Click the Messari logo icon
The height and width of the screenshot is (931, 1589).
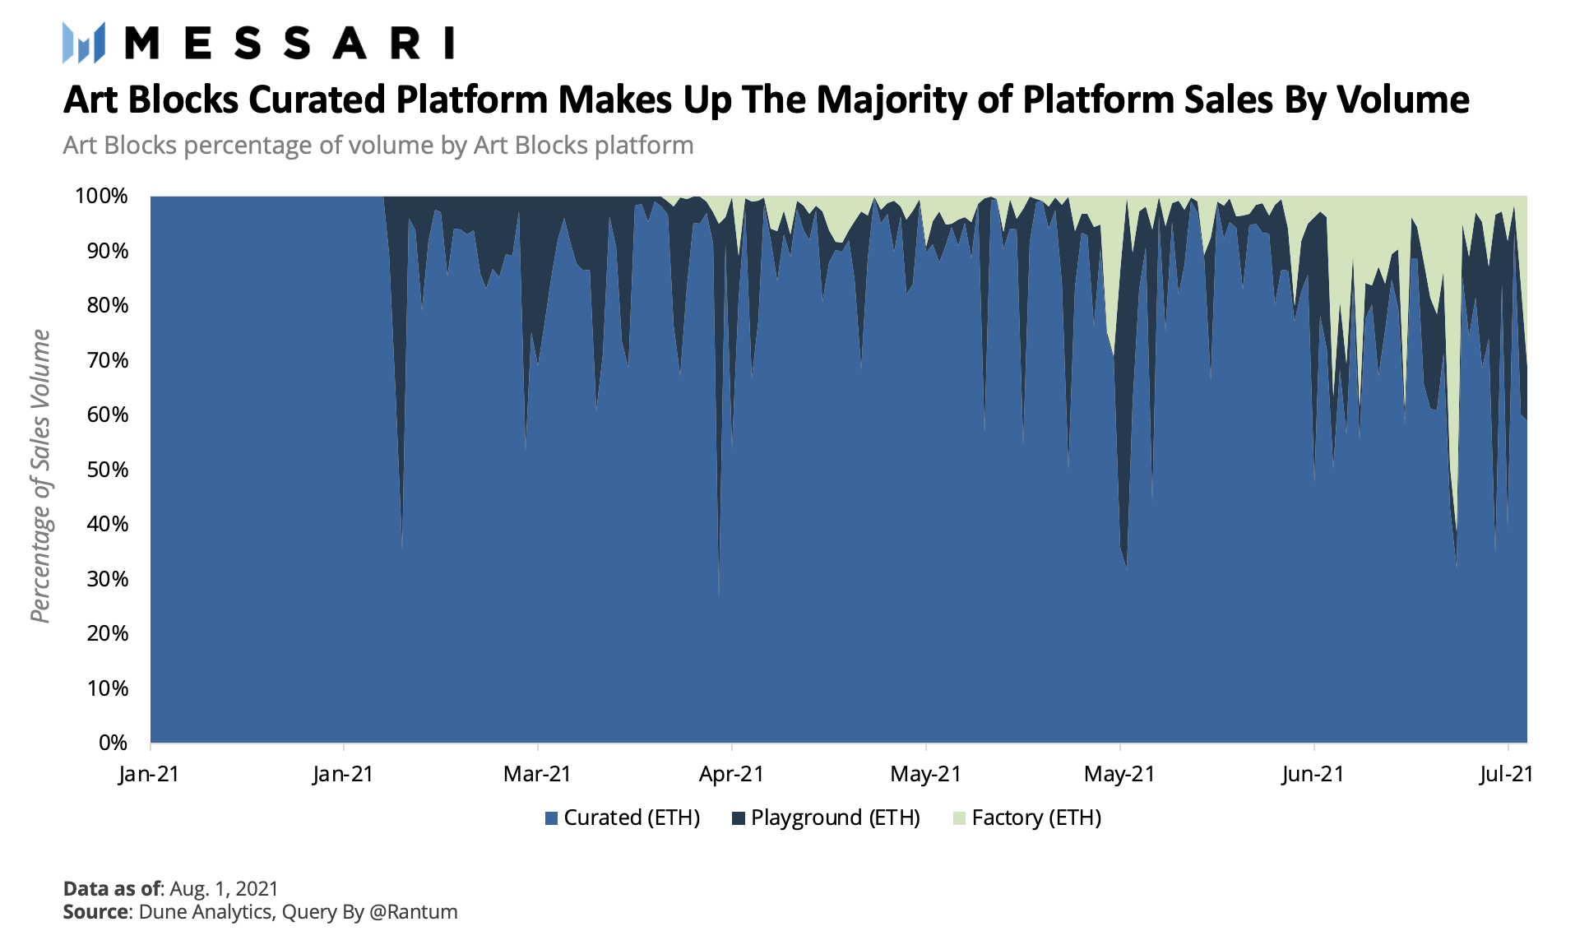(84, 43)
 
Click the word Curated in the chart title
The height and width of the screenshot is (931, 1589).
(317, 100)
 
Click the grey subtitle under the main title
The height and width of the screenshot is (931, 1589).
(378, 146)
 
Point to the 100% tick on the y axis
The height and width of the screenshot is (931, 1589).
(102, 196)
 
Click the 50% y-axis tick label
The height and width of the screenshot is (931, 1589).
(107, 470)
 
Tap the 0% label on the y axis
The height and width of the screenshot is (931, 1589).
(113, 743)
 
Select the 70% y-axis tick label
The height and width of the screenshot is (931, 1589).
(107, 360)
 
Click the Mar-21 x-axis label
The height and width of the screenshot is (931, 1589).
(537, 774)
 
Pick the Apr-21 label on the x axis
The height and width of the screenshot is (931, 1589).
(731, 774)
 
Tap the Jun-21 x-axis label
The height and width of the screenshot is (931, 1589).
(1313, 774)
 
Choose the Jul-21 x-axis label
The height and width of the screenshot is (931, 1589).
(1506, 774)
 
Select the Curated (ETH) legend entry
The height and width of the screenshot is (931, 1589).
(623, 818)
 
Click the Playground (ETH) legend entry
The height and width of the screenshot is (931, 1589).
(826, 818)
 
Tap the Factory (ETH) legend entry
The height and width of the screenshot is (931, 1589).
(1027, 818)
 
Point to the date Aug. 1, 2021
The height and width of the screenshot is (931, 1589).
(224, 888)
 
